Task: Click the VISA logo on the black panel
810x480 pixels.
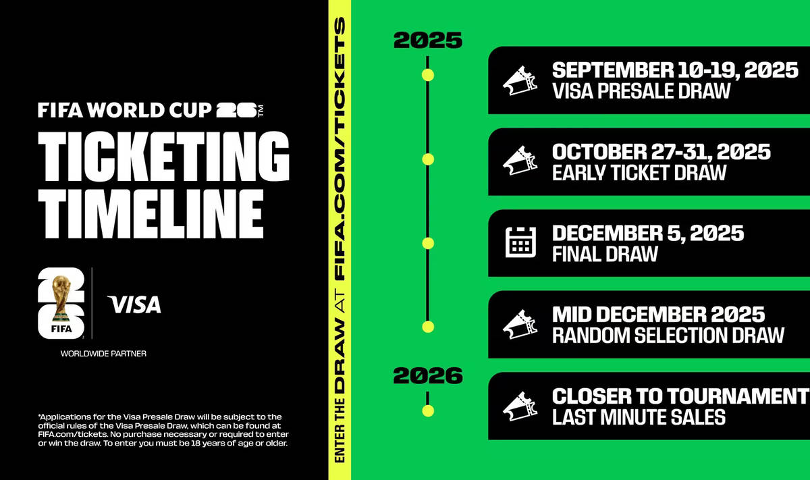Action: (x=134, y=304)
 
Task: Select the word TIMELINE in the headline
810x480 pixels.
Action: (x=150, y=209)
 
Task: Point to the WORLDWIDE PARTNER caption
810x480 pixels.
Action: (x=103, y=353)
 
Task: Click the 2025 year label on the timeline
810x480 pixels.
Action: (x=428, y=41)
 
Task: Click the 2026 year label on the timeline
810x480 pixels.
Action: (x=428, y=375)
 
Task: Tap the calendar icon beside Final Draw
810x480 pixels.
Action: (x=520, y=242)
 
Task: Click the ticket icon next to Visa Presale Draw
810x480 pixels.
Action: (x=520, y=80)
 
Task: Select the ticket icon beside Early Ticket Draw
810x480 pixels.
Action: (x=520, y=161)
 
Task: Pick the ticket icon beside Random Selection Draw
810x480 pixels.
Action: (x=520, y=324)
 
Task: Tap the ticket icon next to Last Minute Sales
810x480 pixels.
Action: (x=520, y=405)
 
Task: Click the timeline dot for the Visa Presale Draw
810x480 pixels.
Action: (x=428, y=75)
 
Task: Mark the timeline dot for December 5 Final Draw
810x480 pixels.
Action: (x=428, y=243)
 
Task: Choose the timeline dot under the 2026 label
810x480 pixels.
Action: (x=428, y=410)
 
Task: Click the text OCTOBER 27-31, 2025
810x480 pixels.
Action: (x=661, y=152)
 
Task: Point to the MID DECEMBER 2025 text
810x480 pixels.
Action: (x=658, y=315)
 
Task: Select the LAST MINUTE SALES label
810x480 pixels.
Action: (x=639, y=417)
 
